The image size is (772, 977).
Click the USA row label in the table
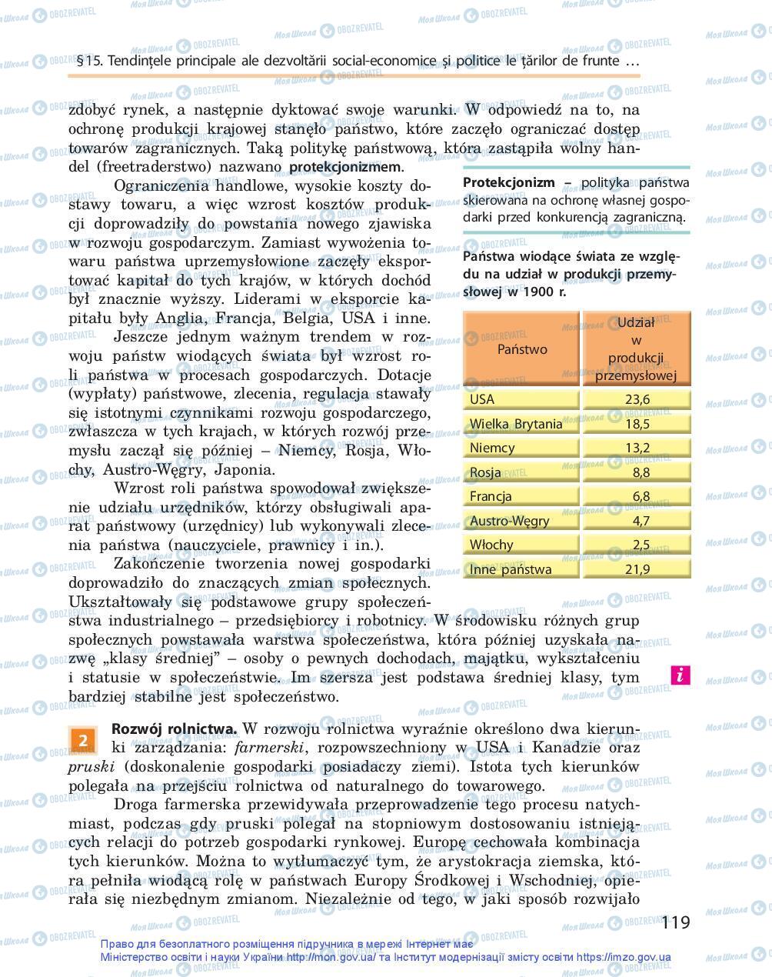[x=482, y=399]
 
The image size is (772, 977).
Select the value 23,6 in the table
[x=637, y=399]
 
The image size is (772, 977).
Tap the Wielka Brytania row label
[x=515, y=424]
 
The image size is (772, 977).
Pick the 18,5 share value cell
[x=637, y=424]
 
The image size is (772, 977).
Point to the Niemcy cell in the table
[x=492, y=448]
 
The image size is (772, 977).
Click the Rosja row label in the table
[x=485, y=472]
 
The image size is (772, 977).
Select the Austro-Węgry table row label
[x=509, y=521]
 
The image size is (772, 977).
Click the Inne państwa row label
[x=510, y=569]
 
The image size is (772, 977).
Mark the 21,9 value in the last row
[x=637, y=569]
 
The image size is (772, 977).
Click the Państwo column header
[x=521, y=348]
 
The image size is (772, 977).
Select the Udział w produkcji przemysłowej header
[x=636, y=348]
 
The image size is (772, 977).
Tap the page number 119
[x=675, y=922]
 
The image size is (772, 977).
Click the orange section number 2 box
[x=83, y=739]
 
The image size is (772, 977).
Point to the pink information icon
[x=680, y=675]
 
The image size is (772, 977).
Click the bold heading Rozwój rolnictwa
[x=175, y=729]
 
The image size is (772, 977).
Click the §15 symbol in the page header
[x=90, y=61]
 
